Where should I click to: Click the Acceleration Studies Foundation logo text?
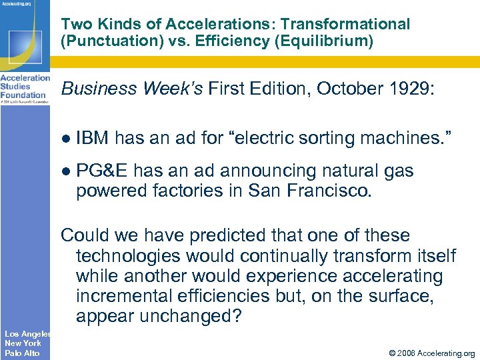pyautogui.click(x=25, y=87)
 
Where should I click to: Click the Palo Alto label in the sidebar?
pyautogui.click(x=22, y=353)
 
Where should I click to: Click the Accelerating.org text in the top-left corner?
pyautogui.click(x=16, y=4)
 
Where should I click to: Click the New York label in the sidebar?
pyautogui.click(x=23, y=343)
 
